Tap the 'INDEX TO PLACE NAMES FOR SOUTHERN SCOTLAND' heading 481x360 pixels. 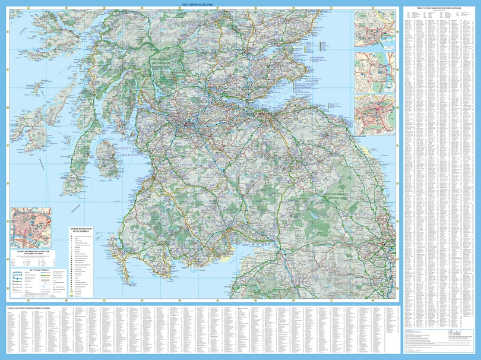click(x=440, y=8)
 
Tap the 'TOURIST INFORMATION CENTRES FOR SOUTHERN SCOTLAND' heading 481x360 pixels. click(x=30, y=252)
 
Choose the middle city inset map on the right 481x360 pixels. click(x=375, y=72)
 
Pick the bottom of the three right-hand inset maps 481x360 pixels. click(x=375, y=116)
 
